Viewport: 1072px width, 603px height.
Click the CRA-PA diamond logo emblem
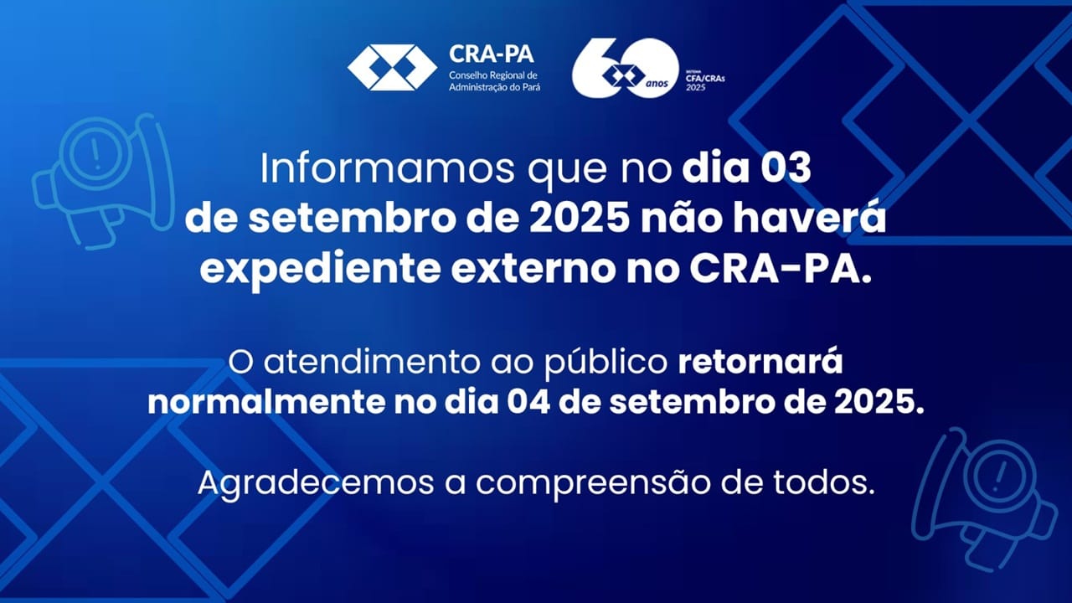tap(392, 67)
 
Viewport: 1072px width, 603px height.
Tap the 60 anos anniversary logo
tap(625, 67)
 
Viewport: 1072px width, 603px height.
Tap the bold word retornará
tap(760, 364)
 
